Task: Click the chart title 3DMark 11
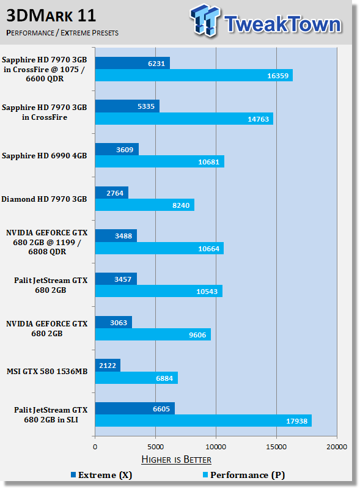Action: click(x=51, y=16)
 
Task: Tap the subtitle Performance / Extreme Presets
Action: click(x=62, y=33)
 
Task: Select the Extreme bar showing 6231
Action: click(x=133, y=63)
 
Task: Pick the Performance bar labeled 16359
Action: click(x=194, y=75)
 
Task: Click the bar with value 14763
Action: click(x=184, y=119)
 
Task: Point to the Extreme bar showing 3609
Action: click(x=117, y=149)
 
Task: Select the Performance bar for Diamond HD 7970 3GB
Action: click(x=145, y=205)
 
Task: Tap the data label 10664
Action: click(x=208, y=249)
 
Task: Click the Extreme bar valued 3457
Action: click(x=116, y=279)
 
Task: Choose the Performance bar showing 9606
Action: click(x=153, y=334)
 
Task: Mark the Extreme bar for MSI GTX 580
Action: click(x=108, y=365)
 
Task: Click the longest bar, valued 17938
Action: click(x=204, y=421)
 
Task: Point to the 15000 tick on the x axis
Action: click(x=276, y=447)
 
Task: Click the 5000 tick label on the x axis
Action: click(x=155, y=447)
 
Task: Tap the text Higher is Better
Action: click(x=176, y=460)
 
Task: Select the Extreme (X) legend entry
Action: click(x=101, y=475)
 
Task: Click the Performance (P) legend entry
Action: click(x=244, y=475)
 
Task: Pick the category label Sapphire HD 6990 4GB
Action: click(x=44, y=156)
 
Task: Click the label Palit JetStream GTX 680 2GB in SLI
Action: click(x=51, y=415)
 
